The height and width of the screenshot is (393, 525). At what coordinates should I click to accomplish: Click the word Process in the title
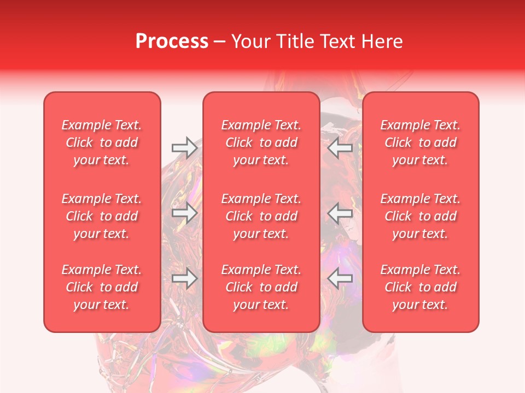172,41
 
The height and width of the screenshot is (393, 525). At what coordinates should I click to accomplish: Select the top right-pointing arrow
184,147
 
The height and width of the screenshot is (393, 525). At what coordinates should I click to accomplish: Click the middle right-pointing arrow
184,213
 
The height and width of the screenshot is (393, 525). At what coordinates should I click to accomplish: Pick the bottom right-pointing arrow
184,279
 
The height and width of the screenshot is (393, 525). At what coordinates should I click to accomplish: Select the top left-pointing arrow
340,147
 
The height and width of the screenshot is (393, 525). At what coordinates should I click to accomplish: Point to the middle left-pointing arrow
340,213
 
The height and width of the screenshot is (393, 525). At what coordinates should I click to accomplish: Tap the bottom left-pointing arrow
340,279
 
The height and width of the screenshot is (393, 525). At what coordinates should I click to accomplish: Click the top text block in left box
102,142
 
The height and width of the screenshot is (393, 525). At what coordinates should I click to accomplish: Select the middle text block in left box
102,216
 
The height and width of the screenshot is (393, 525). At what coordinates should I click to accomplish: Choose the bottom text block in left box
102,287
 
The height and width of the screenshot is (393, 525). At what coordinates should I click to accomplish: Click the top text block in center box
261,142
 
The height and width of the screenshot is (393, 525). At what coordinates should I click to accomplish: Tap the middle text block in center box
261,216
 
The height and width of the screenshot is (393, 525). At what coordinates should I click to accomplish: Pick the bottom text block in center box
261,287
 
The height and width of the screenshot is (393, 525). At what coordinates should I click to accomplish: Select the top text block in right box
421,142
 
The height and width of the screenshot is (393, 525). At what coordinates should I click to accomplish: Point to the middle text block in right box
421,216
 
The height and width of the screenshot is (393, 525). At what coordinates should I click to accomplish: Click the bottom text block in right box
421,287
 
